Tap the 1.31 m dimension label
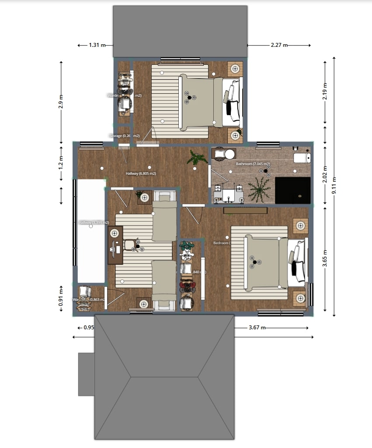[x=97, y=45]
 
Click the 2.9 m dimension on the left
[x=61, y=101]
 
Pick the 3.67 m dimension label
[x=257, y=328]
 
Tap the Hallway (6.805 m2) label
[x=141, y=174]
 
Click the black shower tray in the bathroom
[x=292, y=190]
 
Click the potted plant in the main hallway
[x=197, y=157]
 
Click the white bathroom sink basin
[x=227, y=194]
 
